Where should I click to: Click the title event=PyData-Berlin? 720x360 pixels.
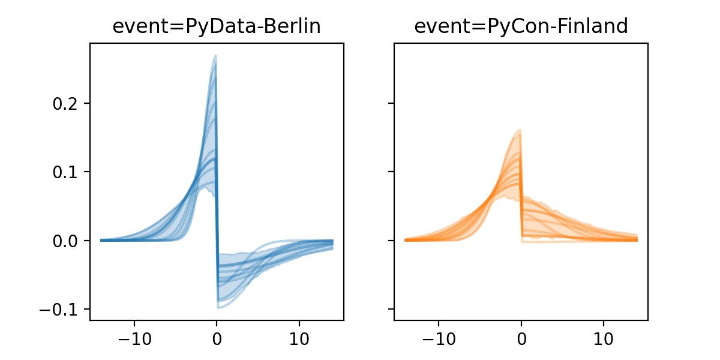(217, 26)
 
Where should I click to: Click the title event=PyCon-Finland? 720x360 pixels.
(521, 26)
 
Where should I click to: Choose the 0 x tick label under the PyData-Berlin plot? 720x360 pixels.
(217, 337)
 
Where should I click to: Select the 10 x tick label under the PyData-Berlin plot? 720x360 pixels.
(299, 337)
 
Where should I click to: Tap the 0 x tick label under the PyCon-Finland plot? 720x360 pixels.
(521, 337)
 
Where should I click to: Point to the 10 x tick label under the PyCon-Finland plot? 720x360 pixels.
(604, 337)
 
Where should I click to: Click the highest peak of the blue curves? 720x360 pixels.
(215, 56)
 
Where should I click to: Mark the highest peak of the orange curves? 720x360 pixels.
(520, 130)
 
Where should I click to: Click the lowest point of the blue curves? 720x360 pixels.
(218, 308)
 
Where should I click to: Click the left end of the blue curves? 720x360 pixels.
(101, 240)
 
